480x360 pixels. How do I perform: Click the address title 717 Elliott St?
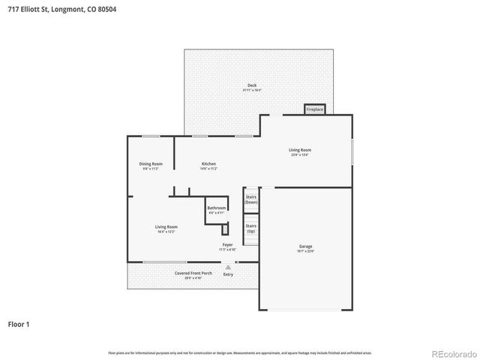[62, 9]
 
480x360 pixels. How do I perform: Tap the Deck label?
[251, 85]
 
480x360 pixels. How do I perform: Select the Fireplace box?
[314, 109]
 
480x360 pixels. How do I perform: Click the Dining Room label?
[150, 163]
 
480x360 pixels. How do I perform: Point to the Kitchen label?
[208, 163]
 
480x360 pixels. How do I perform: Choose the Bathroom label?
[216, 208]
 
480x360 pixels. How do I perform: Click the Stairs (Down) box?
[250, 199]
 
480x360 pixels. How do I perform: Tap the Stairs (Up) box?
[250, 228]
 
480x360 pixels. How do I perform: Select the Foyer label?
[226, 244]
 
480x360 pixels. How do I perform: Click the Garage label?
[305, 246]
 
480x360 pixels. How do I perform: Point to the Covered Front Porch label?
[193, 273]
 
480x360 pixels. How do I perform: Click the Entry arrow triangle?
[228, 266]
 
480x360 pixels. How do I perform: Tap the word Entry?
[228, 274]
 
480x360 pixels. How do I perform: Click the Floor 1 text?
[19, 325]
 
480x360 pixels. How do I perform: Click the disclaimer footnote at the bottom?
[240, 352]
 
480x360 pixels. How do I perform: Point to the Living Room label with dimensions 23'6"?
[300, 150]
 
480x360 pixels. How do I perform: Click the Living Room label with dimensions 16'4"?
[166, 226]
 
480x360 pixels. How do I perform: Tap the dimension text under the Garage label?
[305, 251]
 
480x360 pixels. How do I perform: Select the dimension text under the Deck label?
[251, 91]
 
